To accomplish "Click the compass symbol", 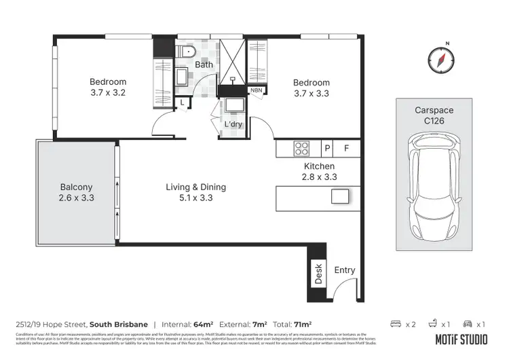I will (x=440, y=60).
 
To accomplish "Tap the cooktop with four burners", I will (x=301, y=148).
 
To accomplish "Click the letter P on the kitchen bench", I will (x=327, y=148).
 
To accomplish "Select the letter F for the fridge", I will (x=346, y=148).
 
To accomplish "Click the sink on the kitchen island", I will (x=339, y=196).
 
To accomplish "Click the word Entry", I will (x=345, y=270).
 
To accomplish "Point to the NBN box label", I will (x=257, y=90).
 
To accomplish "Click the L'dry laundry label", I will (x=233, y=125).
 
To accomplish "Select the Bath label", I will (x=204, y=65).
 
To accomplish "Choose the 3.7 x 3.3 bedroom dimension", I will (x=312, y=94).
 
